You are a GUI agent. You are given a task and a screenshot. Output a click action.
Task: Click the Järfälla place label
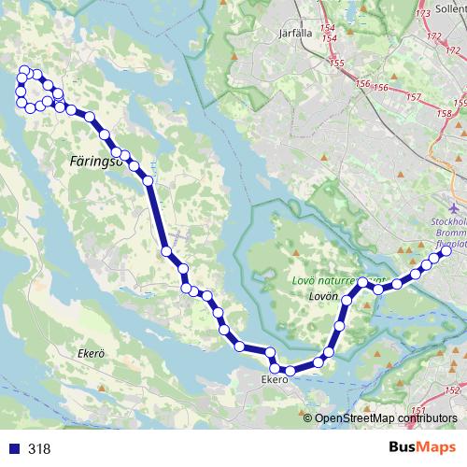[x=294, y=32]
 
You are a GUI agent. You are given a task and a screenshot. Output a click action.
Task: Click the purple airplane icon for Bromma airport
[x=455, y=206]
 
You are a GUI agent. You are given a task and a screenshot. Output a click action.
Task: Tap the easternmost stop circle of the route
[x=446, y=251]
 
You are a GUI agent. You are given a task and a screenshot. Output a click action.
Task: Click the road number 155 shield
[x=337, y=64]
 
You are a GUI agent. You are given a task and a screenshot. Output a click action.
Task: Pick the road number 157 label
[x=415, y=97]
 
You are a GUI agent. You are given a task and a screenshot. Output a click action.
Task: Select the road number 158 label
[x=460, y=104]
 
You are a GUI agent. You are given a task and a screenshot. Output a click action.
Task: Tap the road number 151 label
[x=417, y=411]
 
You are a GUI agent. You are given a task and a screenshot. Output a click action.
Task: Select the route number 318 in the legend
[x=39, y=448]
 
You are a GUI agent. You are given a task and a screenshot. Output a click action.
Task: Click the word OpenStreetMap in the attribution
[x=360, y=418]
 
